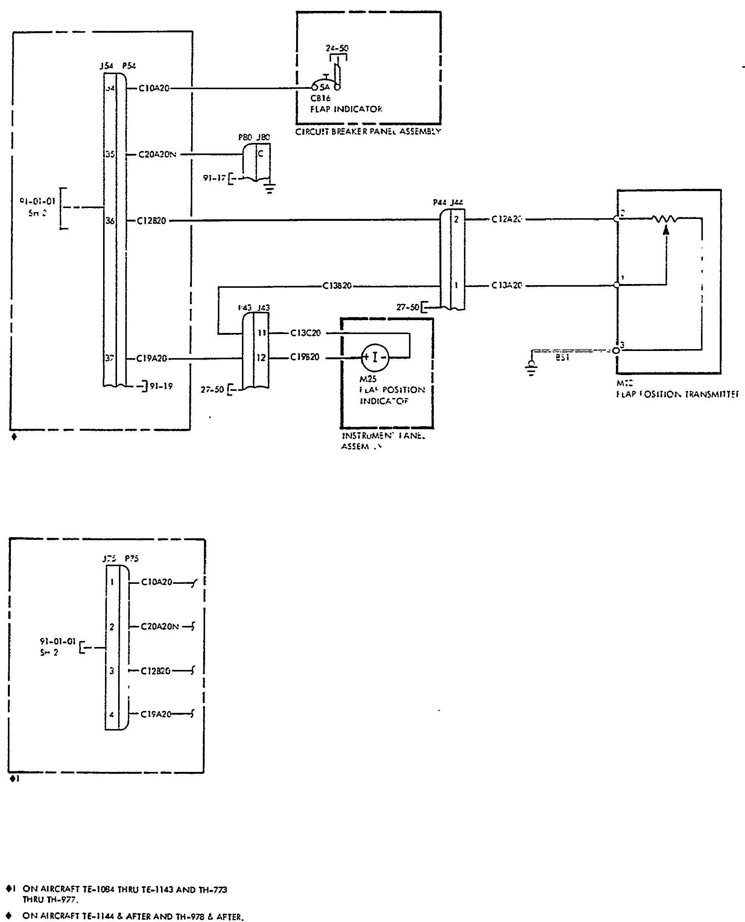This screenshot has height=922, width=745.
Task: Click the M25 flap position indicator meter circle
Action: tap(375, 357)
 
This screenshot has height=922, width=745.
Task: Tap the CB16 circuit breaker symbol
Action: tap(326, 84)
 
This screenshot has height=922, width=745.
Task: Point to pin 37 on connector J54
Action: tap(110, 358)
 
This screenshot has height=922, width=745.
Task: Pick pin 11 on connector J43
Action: tap(262, 333)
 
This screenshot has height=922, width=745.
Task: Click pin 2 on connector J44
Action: tap(456, 220)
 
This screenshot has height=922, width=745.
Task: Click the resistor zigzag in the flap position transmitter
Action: tap(665, 219)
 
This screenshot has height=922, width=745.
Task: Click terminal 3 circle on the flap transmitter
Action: tap(616, 350)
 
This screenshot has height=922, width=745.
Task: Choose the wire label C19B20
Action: tap(305, 357)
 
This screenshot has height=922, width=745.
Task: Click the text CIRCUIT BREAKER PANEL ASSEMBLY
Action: tap(368, 132)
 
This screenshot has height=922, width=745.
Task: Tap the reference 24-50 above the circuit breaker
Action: tap(337, 49)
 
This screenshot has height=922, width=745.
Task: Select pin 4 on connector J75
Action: tap(112, 714)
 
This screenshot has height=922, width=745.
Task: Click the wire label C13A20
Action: tap(506, 285)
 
